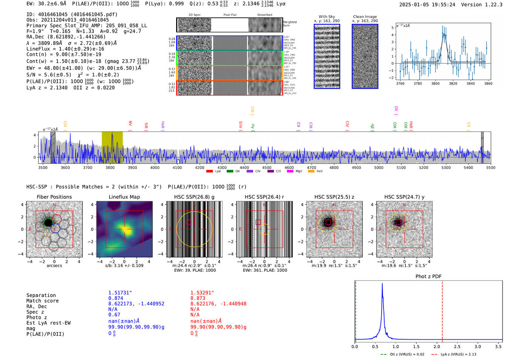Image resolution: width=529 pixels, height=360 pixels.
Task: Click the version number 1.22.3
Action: [490, 5]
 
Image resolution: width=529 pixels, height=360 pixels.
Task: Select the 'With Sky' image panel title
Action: [326, 17]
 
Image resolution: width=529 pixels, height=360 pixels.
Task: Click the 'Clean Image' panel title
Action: [365, 17]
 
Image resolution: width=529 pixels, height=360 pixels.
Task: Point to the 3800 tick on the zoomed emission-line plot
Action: [435, 83]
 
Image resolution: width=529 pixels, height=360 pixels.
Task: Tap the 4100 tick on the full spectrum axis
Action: [177, 167]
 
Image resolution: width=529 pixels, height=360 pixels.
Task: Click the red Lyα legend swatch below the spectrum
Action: [210, 171]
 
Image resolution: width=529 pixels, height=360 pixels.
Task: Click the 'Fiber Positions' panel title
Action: [54, 197]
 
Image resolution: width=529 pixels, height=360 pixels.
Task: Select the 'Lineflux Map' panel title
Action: [124, 197]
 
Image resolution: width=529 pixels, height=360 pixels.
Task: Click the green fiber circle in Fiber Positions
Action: [48, 222]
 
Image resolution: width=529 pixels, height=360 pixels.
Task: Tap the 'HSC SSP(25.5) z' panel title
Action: [334, 197]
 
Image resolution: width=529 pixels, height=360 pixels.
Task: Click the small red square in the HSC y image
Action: [398, 222]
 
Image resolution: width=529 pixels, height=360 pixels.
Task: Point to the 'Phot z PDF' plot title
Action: [428, 276]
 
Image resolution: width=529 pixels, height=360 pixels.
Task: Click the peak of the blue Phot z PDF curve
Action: [382, 284]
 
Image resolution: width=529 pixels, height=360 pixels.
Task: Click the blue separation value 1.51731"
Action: [120, 293]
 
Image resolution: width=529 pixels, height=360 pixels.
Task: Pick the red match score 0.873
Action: [198, 298]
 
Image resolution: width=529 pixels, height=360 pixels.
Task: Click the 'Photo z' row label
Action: [37, 317]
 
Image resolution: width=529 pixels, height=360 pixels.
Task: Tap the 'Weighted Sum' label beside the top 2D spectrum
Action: [289, 23]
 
